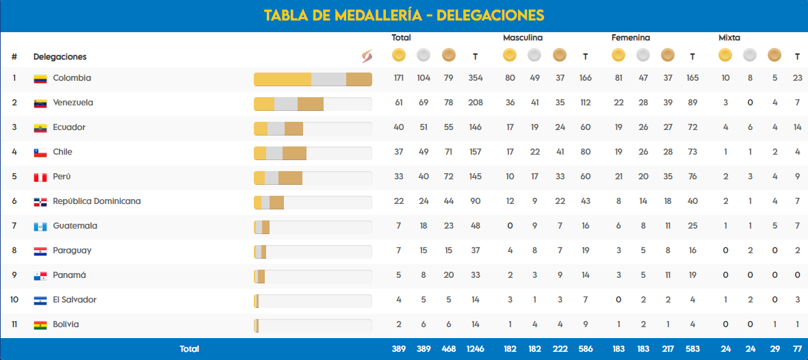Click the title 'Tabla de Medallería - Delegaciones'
pyautogui.click(x=404, y=15)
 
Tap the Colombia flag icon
pyautogui.click(x=40, y=79)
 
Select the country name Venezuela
pyautogui.click(x=73, y=103)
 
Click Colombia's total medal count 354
pyautogui.click(x=475, y=78)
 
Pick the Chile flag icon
pyautogui.click(x=40, y=153)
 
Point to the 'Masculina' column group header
pyautogui.click(x=523, y=38)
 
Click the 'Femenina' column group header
pyautogui.click(x=631, y=38)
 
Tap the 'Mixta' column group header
pyautogui.click(x=729, y=38)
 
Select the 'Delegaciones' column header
pyautogui.click(x=60, y=57)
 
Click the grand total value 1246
pyautogui.click(x=475, y=349)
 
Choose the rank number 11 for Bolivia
pyautogui.click(x=14, y=324)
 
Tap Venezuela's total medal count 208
pyautogui.click(x=475, y=103)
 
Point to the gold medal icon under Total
pyautogui.click(x=399, y=55)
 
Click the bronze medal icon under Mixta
pyautogui.click(x=774, y=55)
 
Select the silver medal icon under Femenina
pyautogui.click(x=643, y=55)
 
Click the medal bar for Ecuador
pyautogui.click(x=313, y=129)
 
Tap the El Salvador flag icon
pyautogui.click(x=40, y=300)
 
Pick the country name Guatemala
pyautogui.click(x=75, y=226)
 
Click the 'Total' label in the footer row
pyautogui.click(x=190, y=349)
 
